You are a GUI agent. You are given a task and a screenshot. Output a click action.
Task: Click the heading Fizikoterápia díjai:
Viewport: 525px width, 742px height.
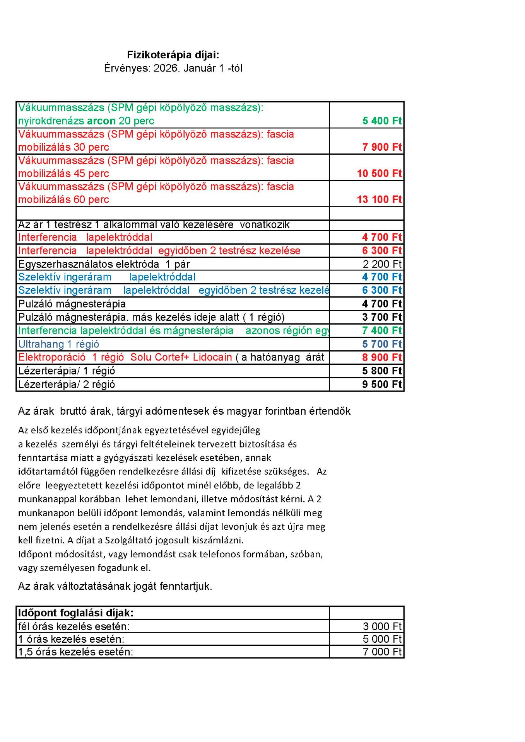pos(173,55)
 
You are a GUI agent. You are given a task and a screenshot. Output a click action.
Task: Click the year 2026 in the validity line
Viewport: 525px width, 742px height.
pos(166,68)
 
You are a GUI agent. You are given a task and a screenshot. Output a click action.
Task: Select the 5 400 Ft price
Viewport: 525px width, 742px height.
pos(382,121)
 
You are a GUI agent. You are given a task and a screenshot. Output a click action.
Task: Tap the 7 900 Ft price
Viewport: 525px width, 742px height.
pos(382,147)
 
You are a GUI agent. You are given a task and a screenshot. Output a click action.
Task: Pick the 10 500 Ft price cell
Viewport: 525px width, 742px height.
pos(379,174)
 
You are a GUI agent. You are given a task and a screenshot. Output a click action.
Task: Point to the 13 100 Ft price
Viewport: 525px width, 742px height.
pos(379,200)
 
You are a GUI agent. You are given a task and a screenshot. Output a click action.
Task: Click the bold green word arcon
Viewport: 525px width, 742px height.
pos(101,121)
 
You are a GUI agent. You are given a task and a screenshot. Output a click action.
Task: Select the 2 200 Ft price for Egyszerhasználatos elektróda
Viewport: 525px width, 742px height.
pos(382,264)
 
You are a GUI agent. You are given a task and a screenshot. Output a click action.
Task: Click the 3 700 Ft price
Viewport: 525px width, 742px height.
pos(382,317)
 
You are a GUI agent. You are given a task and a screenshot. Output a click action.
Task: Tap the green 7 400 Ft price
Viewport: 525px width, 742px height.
pos(382,330)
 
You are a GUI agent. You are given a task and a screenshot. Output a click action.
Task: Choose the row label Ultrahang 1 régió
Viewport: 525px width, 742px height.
pos(58,344)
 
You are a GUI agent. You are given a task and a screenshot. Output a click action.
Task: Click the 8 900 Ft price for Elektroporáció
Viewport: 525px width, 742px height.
pos(382,357)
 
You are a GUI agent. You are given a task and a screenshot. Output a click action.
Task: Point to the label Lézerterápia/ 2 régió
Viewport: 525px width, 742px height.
pos(67,385)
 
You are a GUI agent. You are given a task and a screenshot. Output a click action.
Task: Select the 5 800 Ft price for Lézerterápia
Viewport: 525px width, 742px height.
pos(382,371)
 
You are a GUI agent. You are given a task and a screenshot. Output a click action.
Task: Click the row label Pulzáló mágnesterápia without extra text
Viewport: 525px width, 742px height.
pos(72,304)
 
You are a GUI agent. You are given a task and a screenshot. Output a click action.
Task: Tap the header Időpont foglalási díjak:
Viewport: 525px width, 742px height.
pos(76,613)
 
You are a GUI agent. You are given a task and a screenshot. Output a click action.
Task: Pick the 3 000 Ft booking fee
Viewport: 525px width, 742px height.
pos(382,626)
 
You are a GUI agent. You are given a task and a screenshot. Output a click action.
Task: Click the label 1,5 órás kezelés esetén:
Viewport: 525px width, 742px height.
pos(76,652)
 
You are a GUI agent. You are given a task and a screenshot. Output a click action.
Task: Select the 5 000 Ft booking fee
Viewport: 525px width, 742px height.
pos(382,639)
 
